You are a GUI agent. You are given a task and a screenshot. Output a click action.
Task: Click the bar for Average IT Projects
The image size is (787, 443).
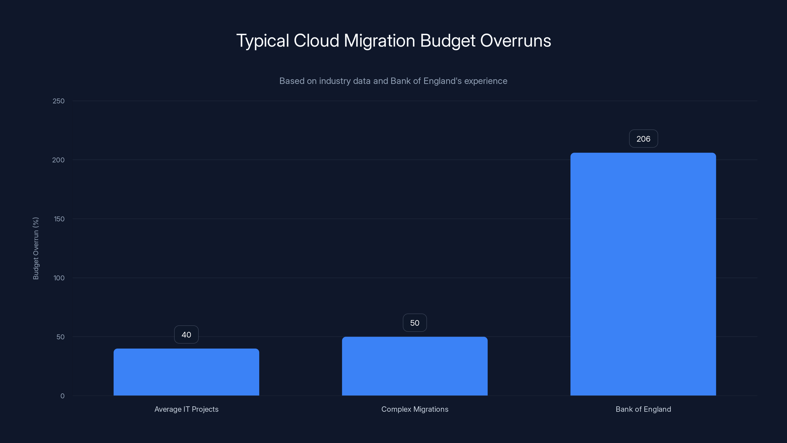[x=186, y=372]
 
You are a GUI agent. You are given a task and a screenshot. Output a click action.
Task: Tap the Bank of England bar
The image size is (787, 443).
[x=643, y=274]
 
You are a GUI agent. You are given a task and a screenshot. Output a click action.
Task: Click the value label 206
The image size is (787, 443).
[x=643, y=139]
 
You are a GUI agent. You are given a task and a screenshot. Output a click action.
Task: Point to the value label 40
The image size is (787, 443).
[x=186, y=335]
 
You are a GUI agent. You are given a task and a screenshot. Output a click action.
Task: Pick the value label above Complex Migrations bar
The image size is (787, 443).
[x=415, y=323]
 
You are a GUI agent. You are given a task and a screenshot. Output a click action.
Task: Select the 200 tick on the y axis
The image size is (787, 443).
[x=58, y=160]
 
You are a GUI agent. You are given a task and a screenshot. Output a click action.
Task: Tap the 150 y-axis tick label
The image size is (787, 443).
[x=59, y=219]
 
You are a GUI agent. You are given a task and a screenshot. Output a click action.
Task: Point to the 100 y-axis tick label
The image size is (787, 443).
[x=59, y=278]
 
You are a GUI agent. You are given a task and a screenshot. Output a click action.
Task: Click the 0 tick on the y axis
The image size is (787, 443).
[x=62, y=396]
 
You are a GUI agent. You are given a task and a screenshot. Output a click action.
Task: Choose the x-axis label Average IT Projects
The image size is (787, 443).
[x=186, y=409]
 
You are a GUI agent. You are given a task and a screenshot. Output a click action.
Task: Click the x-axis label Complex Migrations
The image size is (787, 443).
[x=415, y=409]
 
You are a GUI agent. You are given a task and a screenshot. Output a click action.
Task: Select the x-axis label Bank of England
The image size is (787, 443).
[x=643, y=409]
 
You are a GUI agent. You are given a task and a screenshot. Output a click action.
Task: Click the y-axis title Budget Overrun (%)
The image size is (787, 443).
[x=36, y=248]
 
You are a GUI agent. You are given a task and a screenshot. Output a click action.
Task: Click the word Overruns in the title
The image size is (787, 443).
[x=515, y=41]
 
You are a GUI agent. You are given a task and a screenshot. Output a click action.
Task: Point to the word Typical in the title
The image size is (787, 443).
[x=262, y=41]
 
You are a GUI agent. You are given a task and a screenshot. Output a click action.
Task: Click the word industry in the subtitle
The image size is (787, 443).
[x=335, y=81]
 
